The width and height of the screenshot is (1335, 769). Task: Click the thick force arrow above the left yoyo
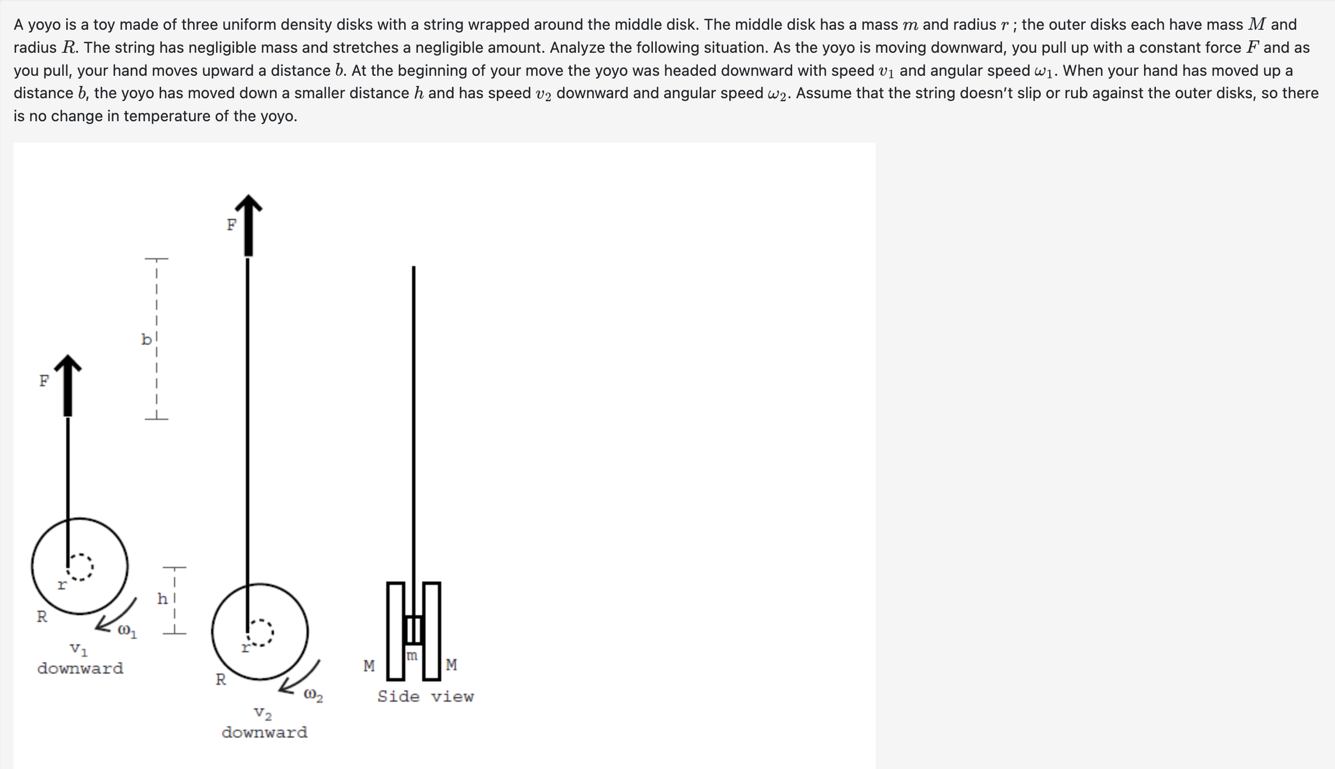tap(68, 387)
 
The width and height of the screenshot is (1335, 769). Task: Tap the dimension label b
tap(146, 340)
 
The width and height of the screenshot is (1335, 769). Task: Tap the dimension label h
tap(162, 599)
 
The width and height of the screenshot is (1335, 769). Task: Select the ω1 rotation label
tap(127, 631)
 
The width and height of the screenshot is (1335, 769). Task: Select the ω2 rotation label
tap(313, 696)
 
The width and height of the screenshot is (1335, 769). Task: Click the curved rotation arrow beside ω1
tap(116, 616)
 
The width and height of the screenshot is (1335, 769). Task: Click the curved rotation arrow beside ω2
tap(300, 678)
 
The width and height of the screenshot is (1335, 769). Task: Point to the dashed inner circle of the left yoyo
tap(80, 567)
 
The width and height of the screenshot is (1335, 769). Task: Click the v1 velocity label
tap(78, 649)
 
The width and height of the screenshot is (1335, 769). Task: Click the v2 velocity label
tap(263, 714)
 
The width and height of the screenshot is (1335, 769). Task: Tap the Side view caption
tap(425, 697)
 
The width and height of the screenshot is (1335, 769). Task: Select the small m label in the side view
tap(412, 656)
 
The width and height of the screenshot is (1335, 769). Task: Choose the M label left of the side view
tap(369, 666)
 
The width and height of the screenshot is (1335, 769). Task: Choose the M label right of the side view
tap(451, 665)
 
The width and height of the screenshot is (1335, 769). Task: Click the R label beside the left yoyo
tap(42, 617)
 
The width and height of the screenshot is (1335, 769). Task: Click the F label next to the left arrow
tap(44, 381)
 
